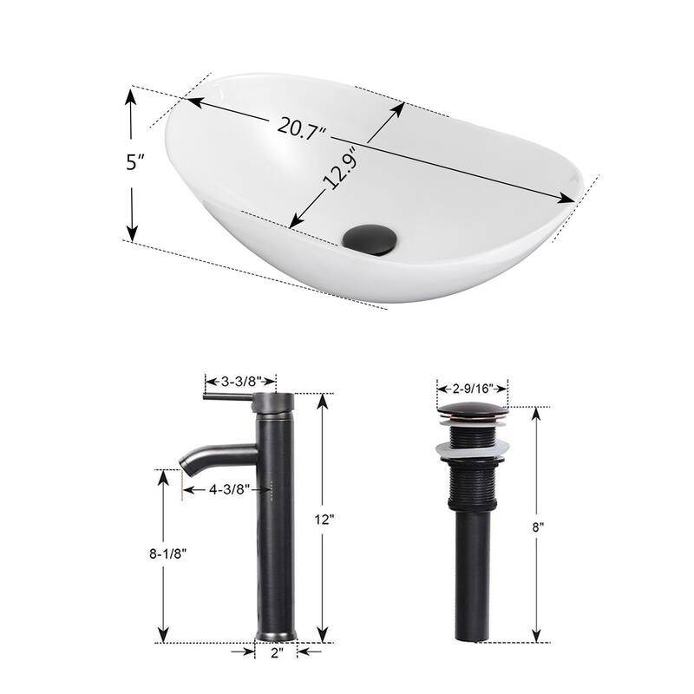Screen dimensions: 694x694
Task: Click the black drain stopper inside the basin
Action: pyautogui.click(x=370, y=236)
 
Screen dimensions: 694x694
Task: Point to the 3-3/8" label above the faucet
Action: pyautogui.click(x=240, y=380)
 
